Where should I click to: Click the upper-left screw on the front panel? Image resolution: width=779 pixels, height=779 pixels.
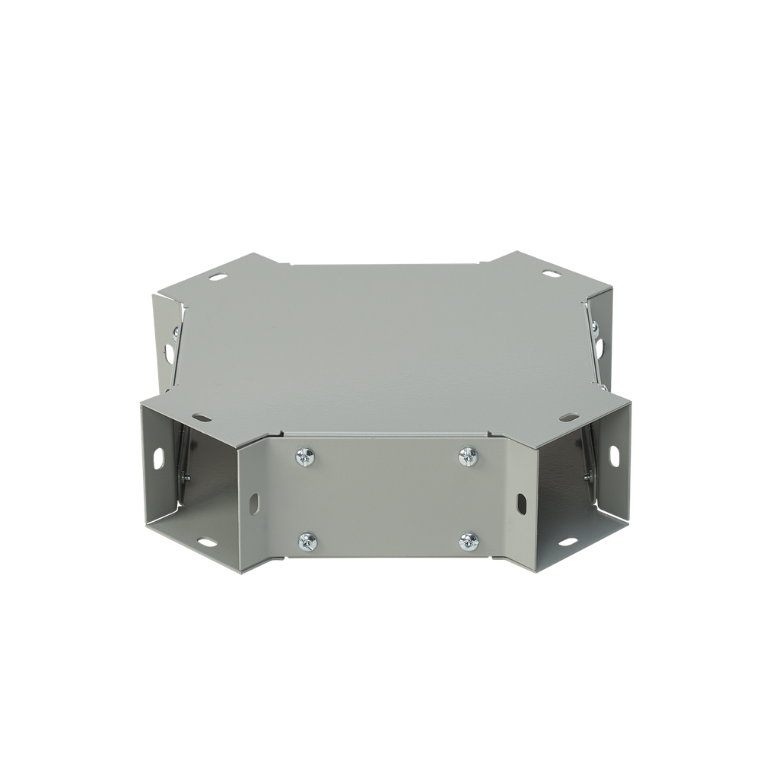click(x=306, y=456)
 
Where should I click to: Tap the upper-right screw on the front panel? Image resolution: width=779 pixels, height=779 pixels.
click(x=469, y=456)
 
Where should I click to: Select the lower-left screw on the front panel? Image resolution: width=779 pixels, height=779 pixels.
click(x=307, y=542)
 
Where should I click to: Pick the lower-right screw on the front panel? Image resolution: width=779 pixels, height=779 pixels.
click(x=469, y=542)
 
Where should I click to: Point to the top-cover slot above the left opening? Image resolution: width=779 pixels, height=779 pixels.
click(x=202, y=418)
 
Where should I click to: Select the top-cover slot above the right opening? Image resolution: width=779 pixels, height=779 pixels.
click(x=568, y=418)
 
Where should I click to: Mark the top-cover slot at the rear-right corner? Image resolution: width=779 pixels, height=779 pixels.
click(x=549, y=275)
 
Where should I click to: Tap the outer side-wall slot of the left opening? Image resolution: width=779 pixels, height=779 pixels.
click(x=158, y=458)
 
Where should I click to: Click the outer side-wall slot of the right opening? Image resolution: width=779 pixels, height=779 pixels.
click(x=614, y=456)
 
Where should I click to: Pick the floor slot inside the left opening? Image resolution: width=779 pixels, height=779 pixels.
click(x=205, y=542)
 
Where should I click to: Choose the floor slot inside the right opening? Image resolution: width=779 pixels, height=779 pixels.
click(x=567, y=542)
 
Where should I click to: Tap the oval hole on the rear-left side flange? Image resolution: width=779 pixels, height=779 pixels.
click(x=169, y=355)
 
